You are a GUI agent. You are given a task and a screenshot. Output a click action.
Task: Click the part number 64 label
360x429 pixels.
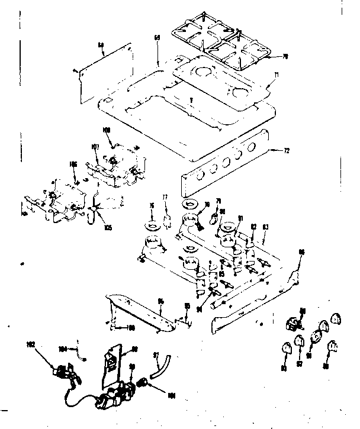[101, 44]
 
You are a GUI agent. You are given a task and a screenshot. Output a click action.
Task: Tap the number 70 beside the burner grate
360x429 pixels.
[285, 57]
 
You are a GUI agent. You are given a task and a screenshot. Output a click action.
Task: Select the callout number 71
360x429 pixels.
[276, 75]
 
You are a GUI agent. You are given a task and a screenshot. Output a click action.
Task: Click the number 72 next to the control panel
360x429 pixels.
[287, 151]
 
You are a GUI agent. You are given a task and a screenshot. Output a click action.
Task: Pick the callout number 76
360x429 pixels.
[152, 206]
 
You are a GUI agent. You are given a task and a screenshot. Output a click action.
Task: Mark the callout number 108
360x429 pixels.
[107, 130]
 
